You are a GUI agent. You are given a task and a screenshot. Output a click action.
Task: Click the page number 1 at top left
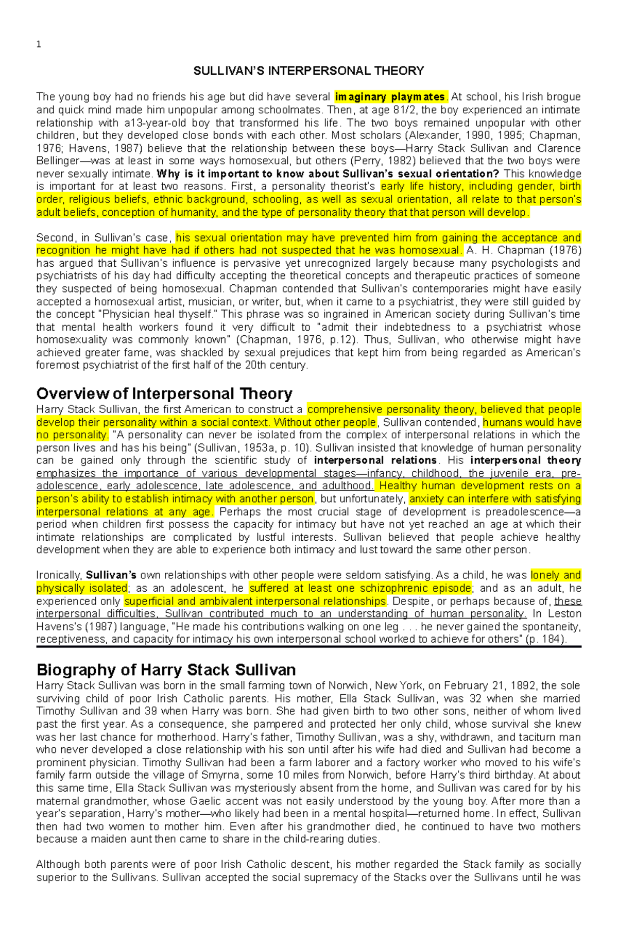pos(39,44)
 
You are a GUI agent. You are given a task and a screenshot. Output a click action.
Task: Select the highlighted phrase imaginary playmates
pos(390,97)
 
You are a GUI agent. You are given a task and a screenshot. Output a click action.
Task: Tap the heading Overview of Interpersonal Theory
pos(164,394)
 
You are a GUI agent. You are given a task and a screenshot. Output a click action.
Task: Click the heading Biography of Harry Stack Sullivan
pos(166,670)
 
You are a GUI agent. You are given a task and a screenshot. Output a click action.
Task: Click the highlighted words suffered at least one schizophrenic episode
pos(359,588)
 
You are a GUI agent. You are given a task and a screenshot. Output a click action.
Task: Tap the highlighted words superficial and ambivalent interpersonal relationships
pos(255,601)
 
